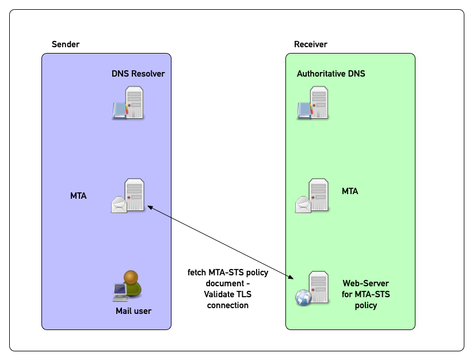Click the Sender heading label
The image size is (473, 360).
point(66,44)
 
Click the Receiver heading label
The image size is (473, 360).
point(310,44)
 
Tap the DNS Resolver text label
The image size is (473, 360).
point(138,74)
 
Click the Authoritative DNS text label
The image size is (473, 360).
point(331,74)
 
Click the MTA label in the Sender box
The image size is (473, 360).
point(78,196)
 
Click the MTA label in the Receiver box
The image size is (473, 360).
point(350,191)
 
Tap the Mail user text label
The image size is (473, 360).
point(133,311)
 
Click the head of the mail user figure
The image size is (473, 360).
point(131,277)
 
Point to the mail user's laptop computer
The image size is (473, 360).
point(120,293)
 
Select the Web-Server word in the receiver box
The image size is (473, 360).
point(365,283)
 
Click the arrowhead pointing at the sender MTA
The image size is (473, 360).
point(150,206)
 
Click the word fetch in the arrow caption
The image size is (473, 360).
point(197,272)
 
